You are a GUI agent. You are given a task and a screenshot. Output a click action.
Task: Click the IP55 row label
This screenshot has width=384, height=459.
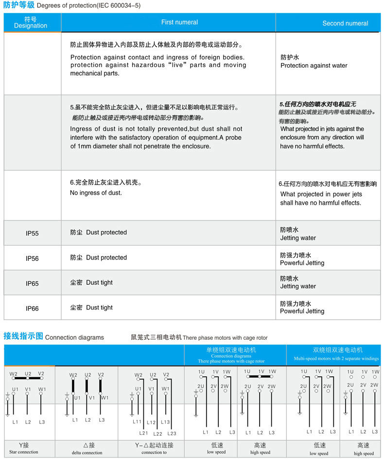(x=32, y=233)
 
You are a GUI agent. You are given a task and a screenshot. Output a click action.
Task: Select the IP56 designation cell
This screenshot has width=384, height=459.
(x=32, y=258)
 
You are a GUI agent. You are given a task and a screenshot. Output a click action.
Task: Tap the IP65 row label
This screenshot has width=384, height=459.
(x=32, y=283)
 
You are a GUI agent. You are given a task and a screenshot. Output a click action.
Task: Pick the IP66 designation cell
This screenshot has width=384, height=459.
(x=32, y=309)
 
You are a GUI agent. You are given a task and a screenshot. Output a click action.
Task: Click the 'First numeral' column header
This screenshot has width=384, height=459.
(x=179, y=22)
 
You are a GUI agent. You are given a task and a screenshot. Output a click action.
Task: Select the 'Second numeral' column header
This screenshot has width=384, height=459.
(x=345, y=23)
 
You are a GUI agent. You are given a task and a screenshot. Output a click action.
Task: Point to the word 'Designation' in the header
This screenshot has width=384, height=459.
(x=31, y=26)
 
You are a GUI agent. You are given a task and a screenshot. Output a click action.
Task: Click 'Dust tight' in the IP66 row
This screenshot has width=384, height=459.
(x=99, y=308)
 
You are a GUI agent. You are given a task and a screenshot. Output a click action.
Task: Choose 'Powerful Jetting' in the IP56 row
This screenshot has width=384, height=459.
(x=302, y=263)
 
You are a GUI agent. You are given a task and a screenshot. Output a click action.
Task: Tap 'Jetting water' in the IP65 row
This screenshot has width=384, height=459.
(x=298, y=287)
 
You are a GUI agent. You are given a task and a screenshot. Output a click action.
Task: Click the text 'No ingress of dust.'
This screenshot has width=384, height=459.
(x=96, y=193)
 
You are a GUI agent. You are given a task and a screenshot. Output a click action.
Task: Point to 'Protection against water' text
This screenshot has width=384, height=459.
(x=314, y=66)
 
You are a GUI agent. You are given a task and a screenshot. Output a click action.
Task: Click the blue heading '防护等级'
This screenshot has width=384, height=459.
(x=18, y=5)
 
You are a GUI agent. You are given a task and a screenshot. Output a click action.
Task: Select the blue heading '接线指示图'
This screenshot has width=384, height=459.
(x=23, y=336)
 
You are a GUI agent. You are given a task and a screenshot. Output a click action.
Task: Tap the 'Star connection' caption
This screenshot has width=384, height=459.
(x=24, y=452)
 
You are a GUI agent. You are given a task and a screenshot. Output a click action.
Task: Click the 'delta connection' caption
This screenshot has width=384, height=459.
(x=87, y=453)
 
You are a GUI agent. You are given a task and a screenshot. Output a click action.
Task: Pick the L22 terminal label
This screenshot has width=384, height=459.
(x=157, y=434)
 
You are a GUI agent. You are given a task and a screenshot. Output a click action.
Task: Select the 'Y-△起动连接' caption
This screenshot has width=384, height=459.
(x=154, y=445)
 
